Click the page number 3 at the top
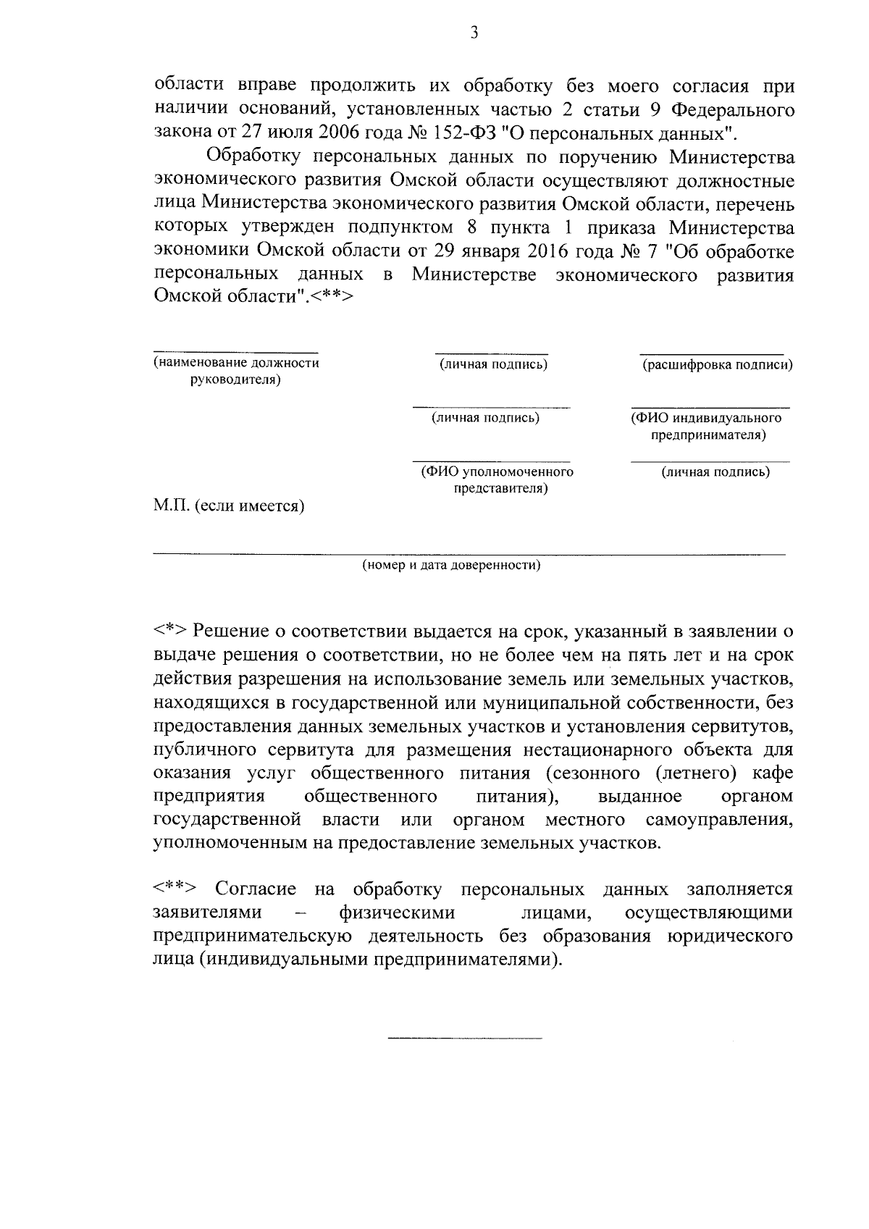pos(474,33)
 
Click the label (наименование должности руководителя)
pos(236,371)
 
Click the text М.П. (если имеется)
pos(229,506)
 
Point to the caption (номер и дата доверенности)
pos(451,565)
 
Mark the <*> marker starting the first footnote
pos(170,632)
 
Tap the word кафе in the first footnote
pos(772,773)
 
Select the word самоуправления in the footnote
pos(718,820)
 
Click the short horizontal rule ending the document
pos(464,1039)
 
